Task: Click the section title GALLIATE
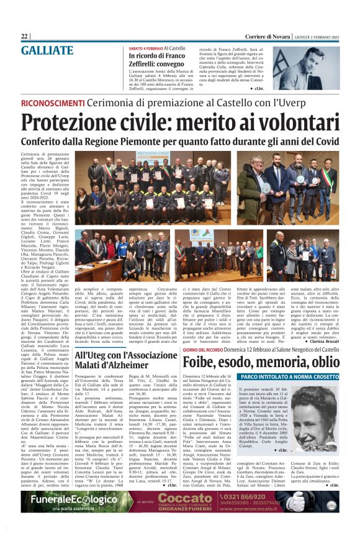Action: click(52, 51)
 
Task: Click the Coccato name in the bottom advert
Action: click(197, 498)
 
